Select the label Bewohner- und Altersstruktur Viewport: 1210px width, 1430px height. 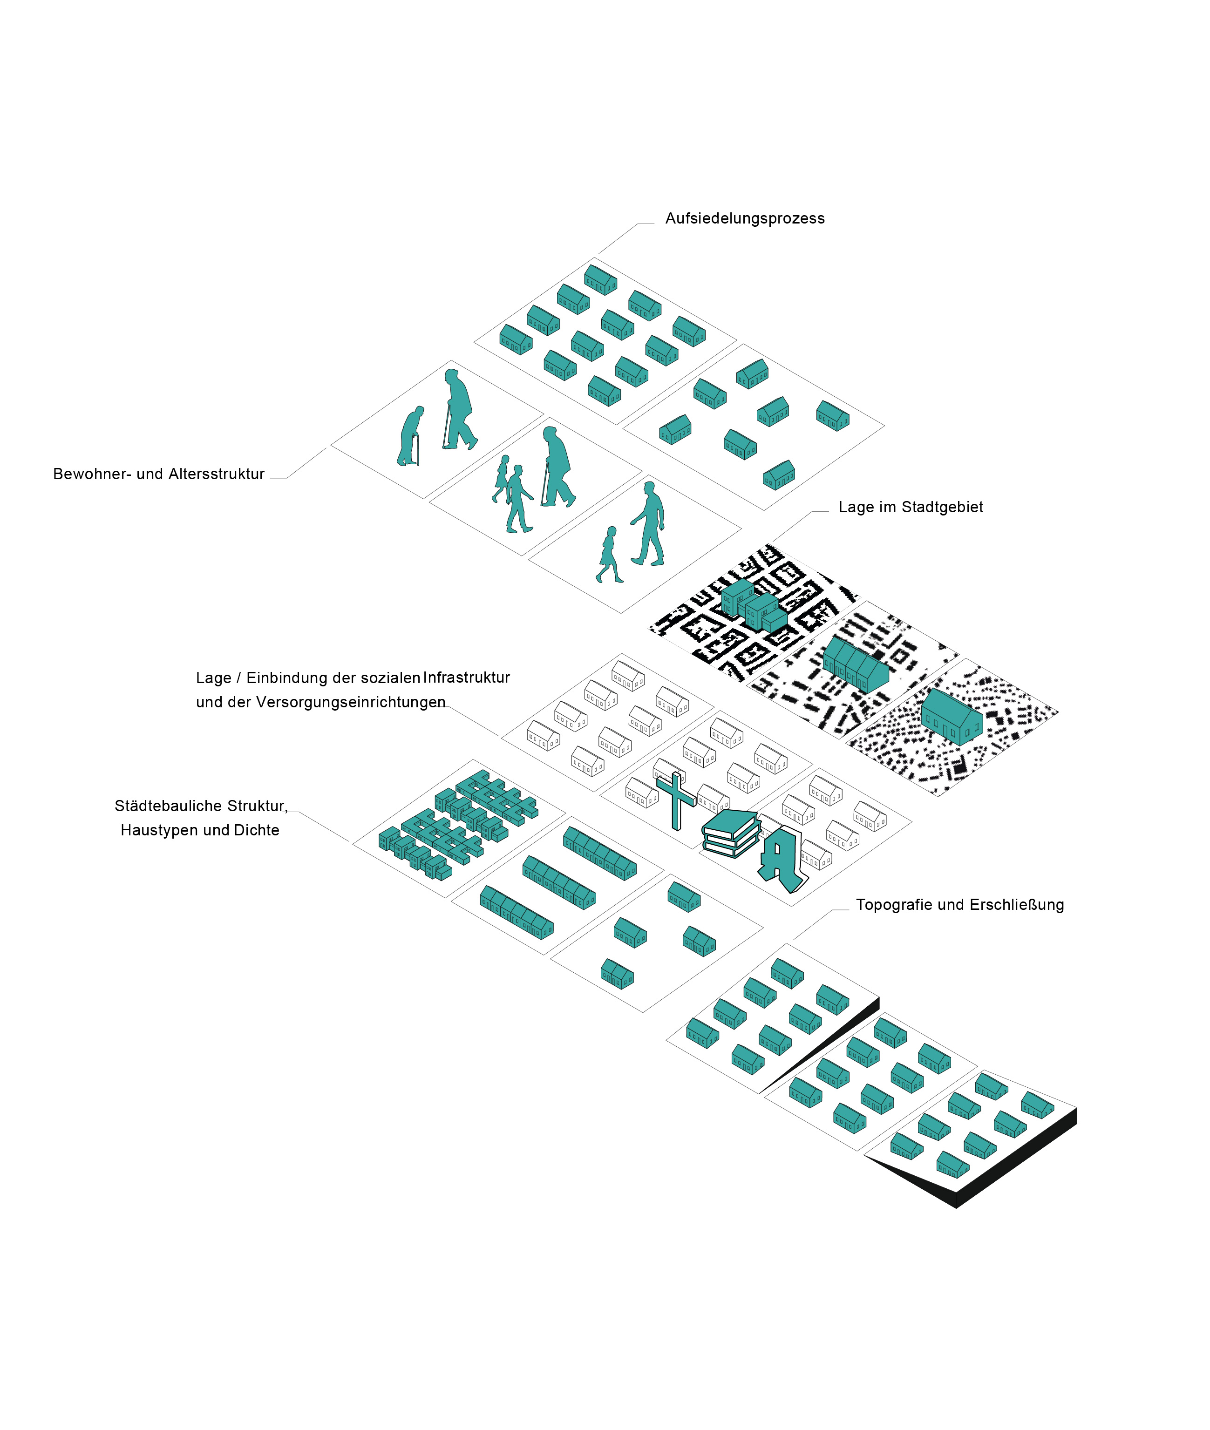[158, 474]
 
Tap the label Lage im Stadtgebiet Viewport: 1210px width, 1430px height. [910, 508]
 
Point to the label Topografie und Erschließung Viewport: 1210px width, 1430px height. [959, 905]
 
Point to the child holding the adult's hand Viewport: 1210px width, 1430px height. [608, 554]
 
